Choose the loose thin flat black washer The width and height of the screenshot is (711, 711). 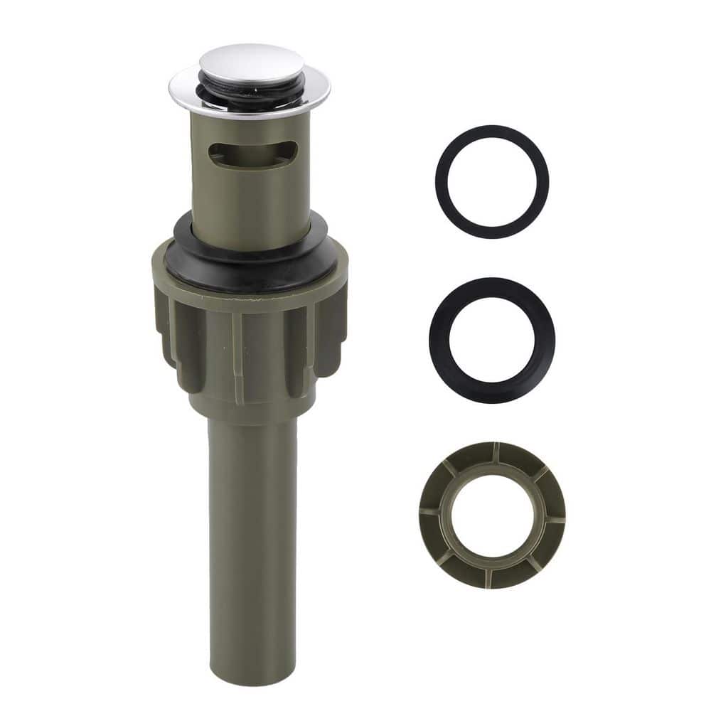pos(491,136)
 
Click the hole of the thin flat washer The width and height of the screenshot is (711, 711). pos(491,181)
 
